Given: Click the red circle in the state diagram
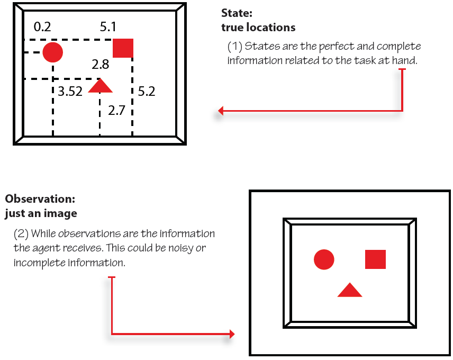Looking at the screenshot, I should click(53, 52).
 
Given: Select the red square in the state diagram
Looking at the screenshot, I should click(123, 48).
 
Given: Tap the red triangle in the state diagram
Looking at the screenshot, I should click(100, 86).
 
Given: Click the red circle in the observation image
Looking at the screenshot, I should click(324, 259).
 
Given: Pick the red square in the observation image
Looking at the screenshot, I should click(375, 259).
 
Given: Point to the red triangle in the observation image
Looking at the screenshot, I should click(350, 290).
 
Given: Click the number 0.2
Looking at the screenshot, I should click(42, 26).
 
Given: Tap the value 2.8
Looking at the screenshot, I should click(100, 65).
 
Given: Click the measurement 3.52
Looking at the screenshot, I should click(70, 92).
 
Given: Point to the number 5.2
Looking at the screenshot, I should click(146, 92).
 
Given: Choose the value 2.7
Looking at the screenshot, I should click(116, 111).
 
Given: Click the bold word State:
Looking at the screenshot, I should click(235, 14).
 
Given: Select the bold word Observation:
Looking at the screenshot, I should click(40, 200).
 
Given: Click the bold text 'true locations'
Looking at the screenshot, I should click(258, 27).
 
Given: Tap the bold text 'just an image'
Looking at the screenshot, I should click(41, 213).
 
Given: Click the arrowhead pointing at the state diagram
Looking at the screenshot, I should click(221, 111).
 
